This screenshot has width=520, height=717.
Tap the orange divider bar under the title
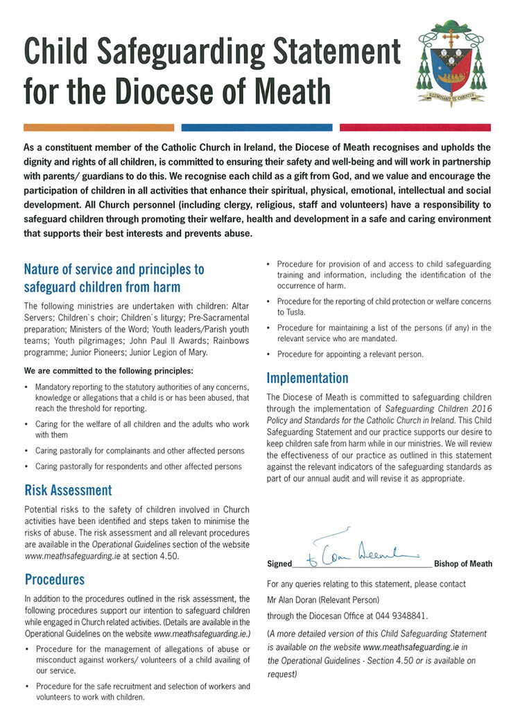tap(98, 128)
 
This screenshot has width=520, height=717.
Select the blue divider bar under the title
tap(257, 128)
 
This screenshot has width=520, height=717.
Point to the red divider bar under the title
tap(415, 128)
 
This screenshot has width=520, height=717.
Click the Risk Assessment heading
tap(67, 490)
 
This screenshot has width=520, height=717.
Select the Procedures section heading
tap(54, 579)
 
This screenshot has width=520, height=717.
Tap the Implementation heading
tap(307, 378)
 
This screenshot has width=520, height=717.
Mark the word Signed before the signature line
tap(279, 564)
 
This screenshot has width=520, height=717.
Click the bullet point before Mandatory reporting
tap(26, 386)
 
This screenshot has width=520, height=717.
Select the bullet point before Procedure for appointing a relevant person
tap(269, 354)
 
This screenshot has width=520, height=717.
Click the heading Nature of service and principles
tap(114, 269)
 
